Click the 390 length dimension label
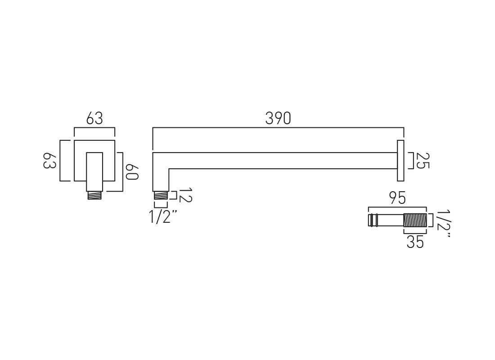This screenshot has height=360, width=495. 278,118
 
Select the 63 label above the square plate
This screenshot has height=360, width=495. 94,118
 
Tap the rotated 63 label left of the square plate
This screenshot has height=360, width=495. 49,161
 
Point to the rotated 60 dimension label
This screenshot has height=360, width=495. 131,172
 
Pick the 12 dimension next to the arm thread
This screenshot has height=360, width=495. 184,195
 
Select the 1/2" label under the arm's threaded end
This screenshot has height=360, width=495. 163,217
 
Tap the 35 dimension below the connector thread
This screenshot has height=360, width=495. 415,242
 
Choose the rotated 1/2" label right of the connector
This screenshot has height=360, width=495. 443,223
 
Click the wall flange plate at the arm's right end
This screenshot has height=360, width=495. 400,161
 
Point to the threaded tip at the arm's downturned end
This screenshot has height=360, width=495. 161,195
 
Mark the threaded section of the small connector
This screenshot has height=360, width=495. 415,220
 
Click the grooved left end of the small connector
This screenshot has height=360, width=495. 373,220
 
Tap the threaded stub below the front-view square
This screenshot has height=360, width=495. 94,195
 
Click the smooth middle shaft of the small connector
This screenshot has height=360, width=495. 390,220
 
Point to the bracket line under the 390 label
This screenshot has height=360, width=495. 278,128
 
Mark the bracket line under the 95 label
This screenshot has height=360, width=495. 397,207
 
